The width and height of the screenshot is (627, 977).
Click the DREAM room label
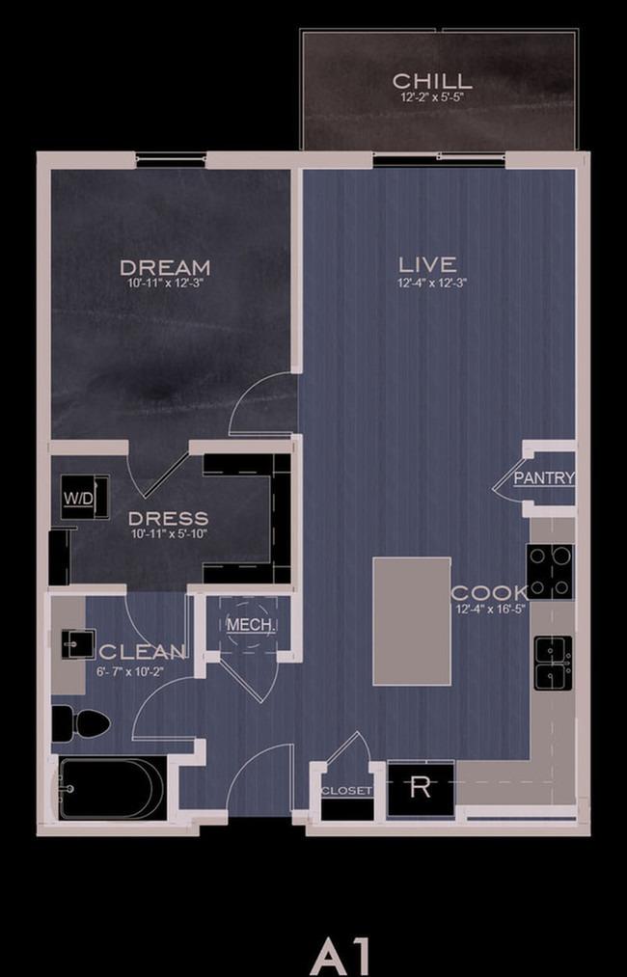coord(165,268)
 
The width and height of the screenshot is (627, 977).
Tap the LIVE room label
coord(427,265)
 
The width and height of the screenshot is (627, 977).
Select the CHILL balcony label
coord(432,81)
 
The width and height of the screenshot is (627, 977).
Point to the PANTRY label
coord(543,478)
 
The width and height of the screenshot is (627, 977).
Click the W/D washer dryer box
coord(85,497)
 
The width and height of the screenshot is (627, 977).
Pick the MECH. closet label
coord(251,625)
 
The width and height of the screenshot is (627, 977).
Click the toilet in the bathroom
coord(80,723)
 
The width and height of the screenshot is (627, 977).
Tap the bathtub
coord(112,788)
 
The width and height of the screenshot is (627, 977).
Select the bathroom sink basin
coord(78,644)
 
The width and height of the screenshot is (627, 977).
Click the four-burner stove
coord(551,571)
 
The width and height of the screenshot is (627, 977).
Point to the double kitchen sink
coord(554,663)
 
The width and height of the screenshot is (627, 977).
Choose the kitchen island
coord(412,621)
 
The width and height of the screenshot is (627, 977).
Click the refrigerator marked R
coord(421,788)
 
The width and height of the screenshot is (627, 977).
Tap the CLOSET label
coord(346,791)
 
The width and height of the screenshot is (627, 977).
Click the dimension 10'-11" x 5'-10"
coord(168,532)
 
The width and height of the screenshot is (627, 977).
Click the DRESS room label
coord(168,519)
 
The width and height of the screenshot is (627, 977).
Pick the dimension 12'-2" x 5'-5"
coord(432,97)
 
